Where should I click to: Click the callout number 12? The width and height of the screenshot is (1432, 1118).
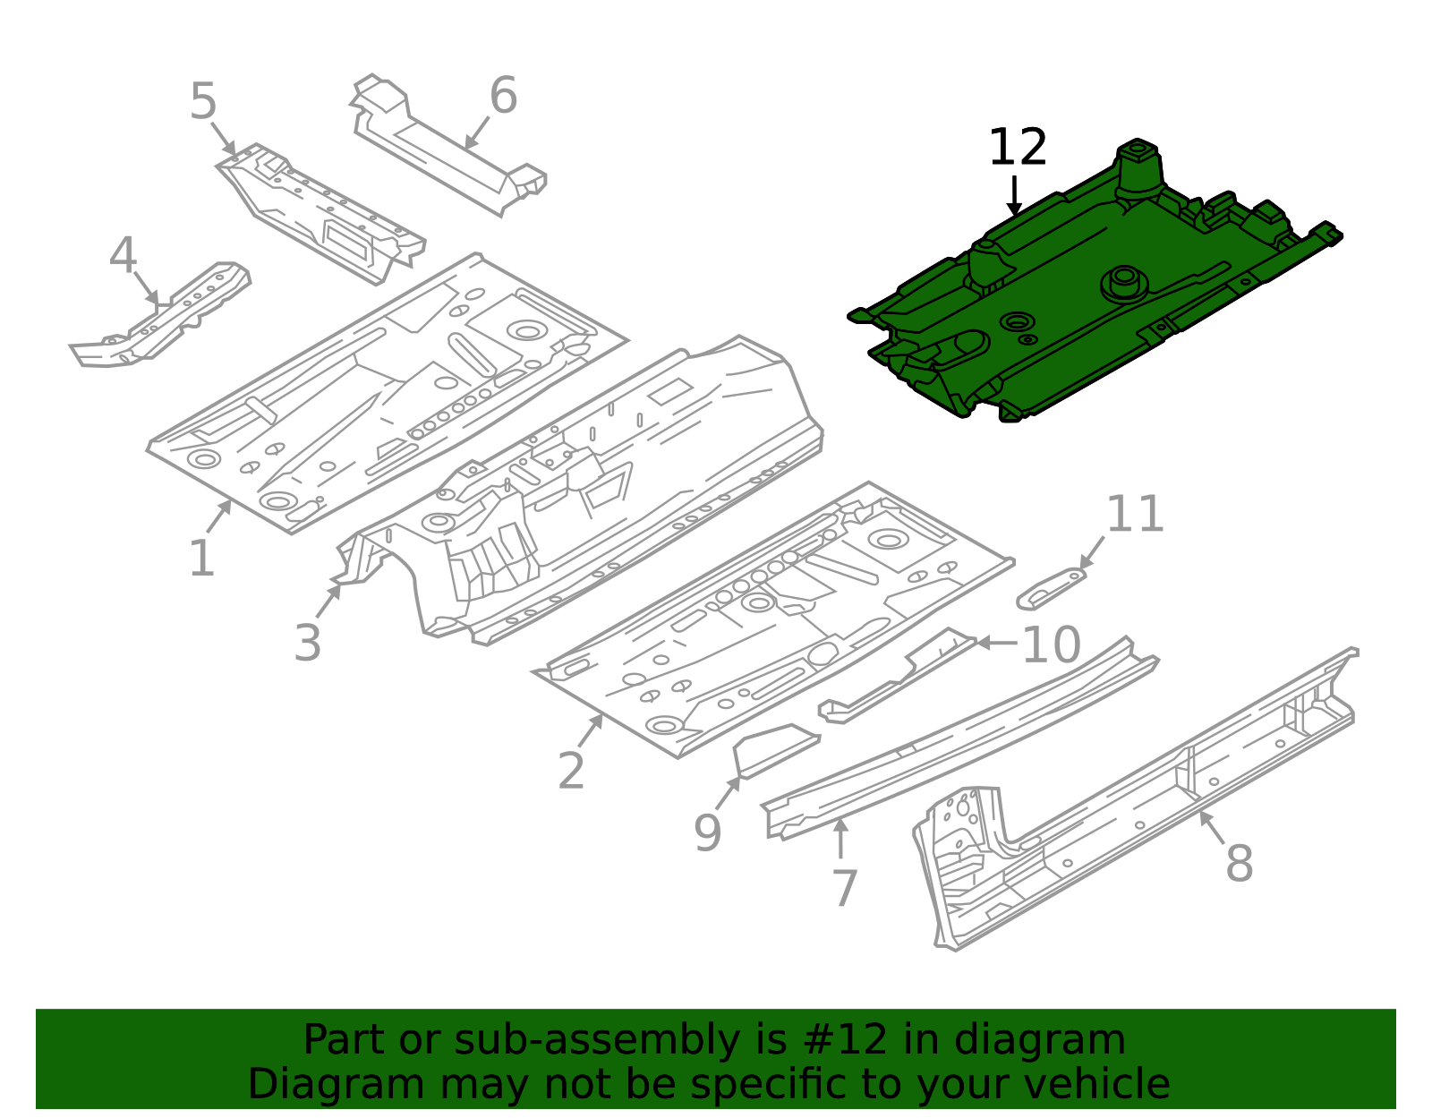click(1017, 148)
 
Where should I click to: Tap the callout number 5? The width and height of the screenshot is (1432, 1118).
click(203, 101)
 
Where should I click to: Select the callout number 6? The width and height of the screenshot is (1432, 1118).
click(503, 95)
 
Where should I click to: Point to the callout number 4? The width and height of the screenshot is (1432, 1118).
click(123, 256)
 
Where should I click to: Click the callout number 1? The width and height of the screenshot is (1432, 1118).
click(201, 559)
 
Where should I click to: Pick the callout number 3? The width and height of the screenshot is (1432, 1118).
click(307, 643)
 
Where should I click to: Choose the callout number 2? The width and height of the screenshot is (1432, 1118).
click(571, 770)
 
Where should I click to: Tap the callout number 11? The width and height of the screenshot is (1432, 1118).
click(1135, 515)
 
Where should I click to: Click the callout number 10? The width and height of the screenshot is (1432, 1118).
click(1051, 644)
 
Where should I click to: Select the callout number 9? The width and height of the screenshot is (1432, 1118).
click(707, 832)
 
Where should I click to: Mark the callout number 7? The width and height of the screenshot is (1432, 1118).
click(844, 887)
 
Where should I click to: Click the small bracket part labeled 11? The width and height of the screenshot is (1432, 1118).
click(1052, 587)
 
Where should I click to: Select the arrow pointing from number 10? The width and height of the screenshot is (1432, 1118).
click(995, 643)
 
